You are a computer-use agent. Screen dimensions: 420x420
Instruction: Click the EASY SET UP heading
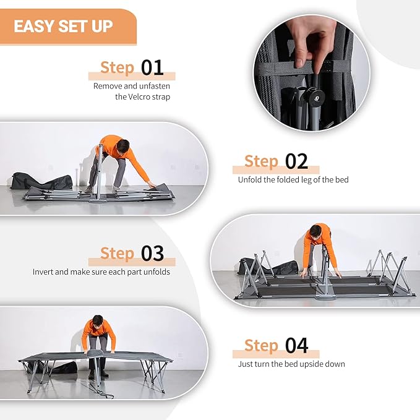click(63, 26)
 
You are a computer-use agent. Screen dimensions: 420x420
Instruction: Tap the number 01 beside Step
click(152, 68)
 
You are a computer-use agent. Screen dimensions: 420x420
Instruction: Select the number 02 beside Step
click(296, 161)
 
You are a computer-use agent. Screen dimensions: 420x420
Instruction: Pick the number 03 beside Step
click(152, 254)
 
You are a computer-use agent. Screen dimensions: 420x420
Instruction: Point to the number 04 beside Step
click(296, 346)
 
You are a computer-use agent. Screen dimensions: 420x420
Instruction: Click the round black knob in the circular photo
click(316, 96)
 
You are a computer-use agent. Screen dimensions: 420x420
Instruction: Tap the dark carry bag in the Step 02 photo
click(42, 181)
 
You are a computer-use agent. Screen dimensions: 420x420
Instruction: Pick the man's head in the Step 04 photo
click(98, 321)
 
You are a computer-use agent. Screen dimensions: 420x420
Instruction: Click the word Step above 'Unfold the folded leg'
click(261, 161)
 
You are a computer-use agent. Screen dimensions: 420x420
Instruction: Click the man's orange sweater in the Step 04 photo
click(98, 333)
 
